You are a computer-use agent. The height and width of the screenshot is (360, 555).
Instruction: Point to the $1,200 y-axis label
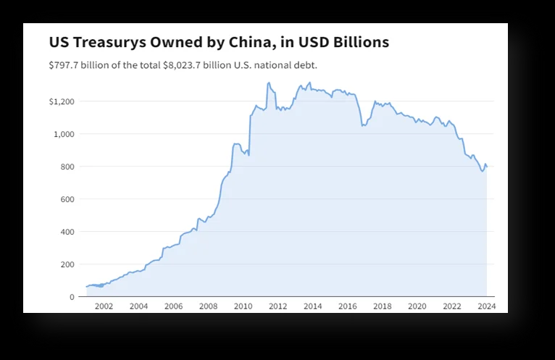[62, 101]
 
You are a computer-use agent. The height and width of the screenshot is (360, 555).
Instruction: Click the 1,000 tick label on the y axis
[64, 134]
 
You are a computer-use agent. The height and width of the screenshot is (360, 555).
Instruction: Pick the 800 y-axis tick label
[67, 167]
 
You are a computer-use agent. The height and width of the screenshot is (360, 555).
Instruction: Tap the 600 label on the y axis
[67, 199]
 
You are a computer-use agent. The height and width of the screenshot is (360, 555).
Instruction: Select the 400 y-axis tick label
[67, 232]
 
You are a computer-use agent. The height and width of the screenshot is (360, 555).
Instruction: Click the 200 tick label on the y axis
[67, 264]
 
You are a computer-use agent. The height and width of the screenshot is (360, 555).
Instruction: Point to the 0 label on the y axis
[72, 297]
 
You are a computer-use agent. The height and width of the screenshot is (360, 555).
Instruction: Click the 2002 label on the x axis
[104, 306]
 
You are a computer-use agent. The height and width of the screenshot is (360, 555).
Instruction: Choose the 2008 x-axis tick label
[208, 306]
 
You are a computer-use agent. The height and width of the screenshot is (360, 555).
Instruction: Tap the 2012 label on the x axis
[277, 306]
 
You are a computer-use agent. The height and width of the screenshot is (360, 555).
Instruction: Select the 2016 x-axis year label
[347, 306]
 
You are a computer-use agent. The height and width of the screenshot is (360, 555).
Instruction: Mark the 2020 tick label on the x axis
[417, 306]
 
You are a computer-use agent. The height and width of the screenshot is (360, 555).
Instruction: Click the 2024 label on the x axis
[486, 306]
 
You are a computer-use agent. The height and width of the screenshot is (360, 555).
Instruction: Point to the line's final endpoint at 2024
[487, 167]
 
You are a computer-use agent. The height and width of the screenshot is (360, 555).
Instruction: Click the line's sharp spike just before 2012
[268, 83]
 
